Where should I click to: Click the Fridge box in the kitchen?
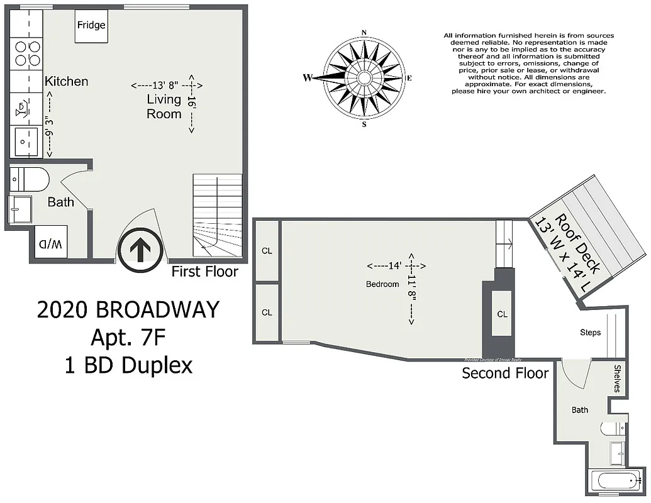pos(91,26)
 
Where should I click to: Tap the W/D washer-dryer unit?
pos(52,243)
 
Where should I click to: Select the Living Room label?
pos(164,106)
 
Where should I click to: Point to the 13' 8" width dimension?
pos(166,85)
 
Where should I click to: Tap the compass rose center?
pos(364,78)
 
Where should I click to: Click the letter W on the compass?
pos(308,78)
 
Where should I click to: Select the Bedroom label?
pos(382,284)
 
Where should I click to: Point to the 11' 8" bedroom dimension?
pos(413,289)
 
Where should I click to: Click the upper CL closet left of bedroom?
pos(267,250)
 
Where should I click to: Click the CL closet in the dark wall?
pos(501,314)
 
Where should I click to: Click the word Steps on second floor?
pos(590,332)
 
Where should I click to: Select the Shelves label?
pos(618,379)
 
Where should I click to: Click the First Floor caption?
pos(205,272)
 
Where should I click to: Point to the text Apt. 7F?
pos(128,338)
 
